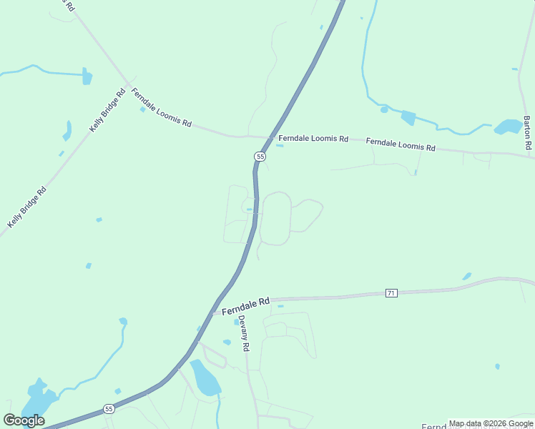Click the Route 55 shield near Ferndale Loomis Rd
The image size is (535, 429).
260,156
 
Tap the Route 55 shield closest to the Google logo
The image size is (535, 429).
109,409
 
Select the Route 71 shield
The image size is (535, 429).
391,292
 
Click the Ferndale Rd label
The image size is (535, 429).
245,307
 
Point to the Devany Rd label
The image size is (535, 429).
244,333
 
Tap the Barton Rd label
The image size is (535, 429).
527,132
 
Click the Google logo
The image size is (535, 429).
24,420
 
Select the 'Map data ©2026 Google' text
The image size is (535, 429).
491,424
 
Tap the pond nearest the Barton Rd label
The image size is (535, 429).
508,127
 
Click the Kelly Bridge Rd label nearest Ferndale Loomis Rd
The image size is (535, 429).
107,110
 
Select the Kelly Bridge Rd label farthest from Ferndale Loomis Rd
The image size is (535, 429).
27,207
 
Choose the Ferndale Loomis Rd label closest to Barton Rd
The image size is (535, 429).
401,144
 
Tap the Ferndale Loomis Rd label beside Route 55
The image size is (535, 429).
313,138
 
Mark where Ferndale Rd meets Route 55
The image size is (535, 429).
213,312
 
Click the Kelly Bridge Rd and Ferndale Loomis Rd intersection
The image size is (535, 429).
129,85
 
